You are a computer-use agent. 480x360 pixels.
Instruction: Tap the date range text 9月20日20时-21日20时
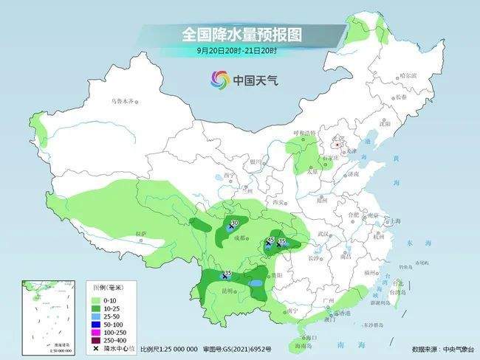point(236,50)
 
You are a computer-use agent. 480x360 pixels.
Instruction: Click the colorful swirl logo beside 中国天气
point(219,79)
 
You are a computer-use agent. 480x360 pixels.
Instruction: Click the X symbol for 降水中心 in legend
point(95,349)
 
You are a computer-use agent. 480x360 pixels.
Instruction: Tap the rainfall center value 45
point(270,240)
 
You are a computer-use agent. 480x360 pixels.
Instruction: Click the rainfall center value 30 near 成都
point(235,222)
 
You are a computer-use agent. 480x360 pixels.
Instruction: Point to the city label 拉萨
point(142,234)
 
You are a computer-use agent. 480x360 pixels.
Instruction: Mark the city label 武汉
point(321,233)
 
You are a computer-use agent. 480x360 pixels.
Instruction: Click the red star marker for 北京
point(337,145)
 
